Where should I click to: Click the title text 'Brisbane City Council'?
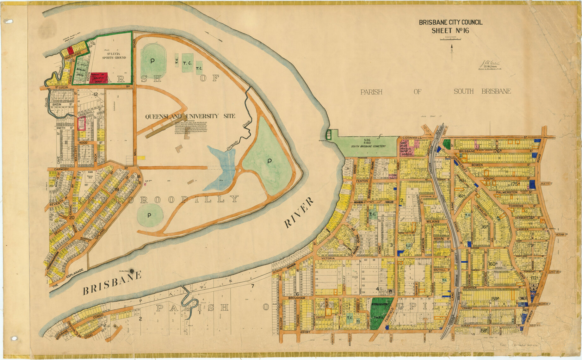click(x=450, y=22)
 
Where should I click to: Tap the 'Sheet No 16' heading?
click(x=450, y=31)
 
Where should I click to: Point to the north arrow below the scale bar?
click(x=452, y=52)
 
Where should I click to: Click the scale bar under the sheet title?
click(x=450, y=39)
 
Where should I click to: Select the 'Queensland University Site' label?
click(x=190, y=116)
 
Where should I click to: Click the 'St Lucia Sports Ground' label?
click(x=114, y=56)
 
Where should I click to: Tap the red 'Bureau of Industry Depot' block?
click(x=98, y=78)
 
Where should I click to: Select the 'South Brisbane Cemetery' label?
click(x=368, y=146)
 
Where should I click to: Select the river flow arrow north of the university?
click(x=215, y=36)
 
